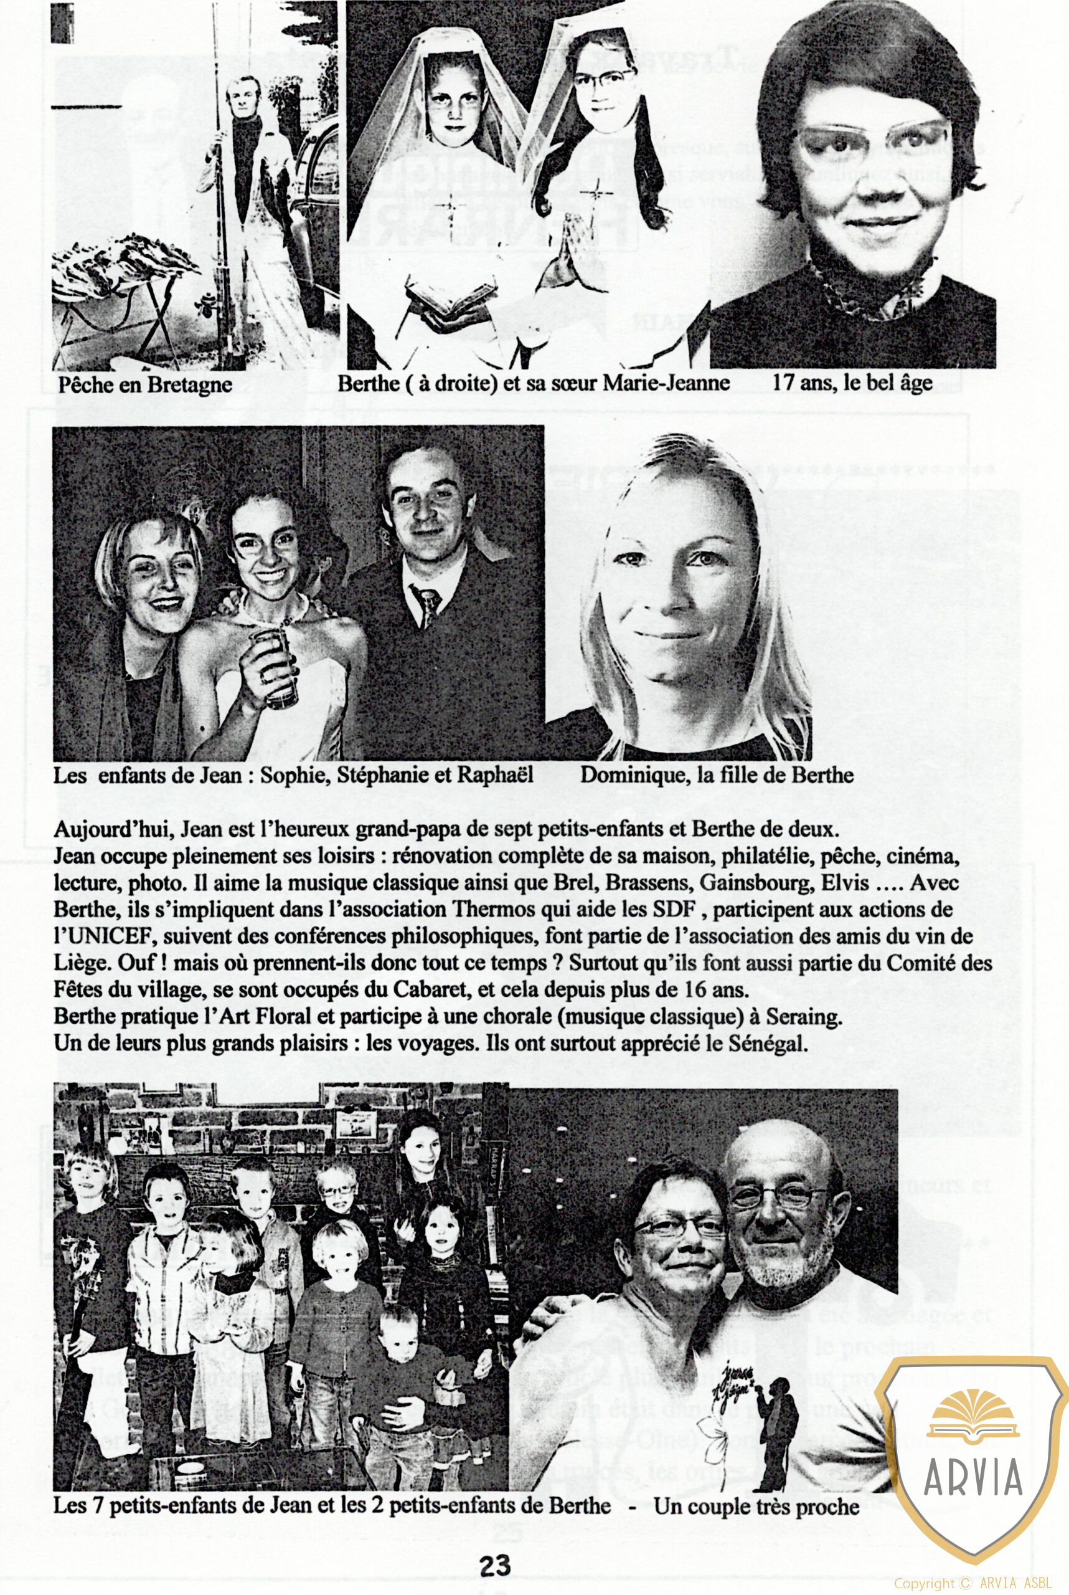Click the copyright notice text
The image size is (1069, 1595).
972,1583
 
